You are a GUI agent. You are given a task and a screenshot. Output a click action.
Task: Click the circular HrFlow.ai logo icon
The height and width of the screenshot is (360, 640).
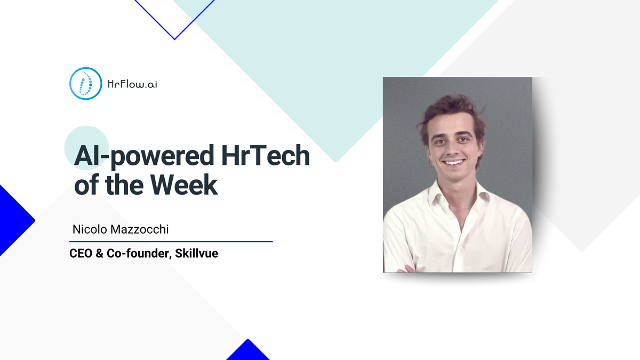coord(85,83)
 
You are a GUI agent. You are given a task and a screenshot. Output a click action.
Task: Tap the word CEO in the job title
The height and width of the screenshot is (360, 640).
coord(81,254)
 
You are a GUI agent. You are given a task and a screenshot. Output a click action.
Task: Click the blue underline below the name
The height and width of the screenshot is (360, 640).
coord(171,242)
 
